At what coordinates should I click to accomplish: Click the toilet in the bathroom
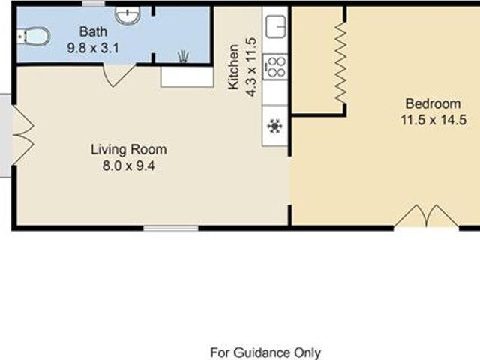tap(34, 37)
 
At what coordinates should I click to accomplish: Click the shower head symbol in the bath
tap(183, 57)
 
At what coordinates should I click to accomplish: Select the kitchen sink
tap(276, 27)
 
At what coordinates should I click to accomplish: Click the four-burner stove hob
tap(275, 67)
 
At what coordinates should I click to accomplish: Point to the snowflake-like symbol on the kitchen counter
tap(274, 126)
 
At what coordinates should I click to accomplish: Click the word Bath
tap(93, 31)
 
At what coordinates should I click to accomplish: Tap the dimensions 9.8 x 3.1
tap(93, 48)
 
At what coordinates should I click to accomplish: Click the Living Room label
tap(129, 150)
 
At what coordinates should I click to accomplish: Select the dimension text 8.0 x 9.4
tap(128, 166)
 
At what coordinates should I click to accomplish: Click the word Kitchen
tap(233, 67)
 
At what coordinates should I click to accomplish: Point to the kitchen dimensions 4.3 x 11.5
tap(251, 67)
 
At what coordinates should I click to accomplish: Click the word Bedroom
tap(433, 103)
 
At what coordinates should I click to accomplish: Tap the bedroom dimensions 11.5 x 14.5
tap(433, 120)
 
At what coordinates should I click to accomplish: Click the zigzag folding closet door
tap(341, 63)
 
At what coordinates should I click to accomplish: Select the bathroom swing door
tap(119, 75)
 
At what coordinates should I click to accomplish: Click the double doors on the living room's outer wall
tap(23, 135)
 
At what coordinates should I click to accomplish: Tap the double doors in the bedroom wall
tap(426, 216)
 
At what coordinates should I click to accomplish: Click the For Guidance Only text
tap(265, 352)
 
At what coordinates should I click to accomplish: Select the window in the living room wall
tap(171, 228)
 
